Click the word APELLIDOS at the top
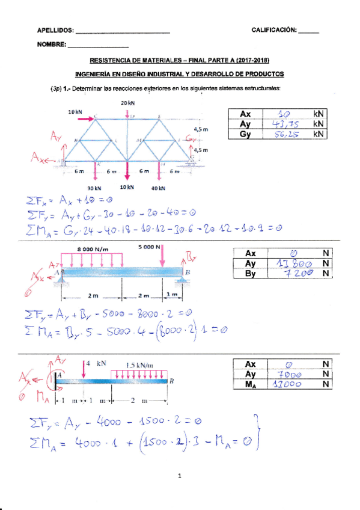pyautogui.click(x=55, y=30)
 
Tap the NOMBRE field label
pyautogui.click(x=51, y=45)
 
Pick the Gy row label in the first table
pyautogui.click(x=245, y=134)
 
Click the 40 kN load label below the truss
pyautogui.click(x=159, y=188)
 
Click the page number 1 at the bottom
pyautogui.click(x=180, y=477)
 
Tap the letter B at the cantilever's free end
pyautogui.click(x=172, y=380)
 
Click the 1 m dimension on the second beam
pyautogui.click(x=172, y=295)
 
